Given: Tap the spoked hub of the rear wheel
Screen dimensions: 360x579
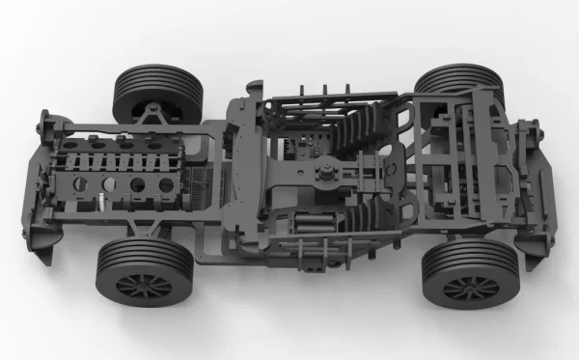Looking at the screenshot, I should [470, 287].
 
